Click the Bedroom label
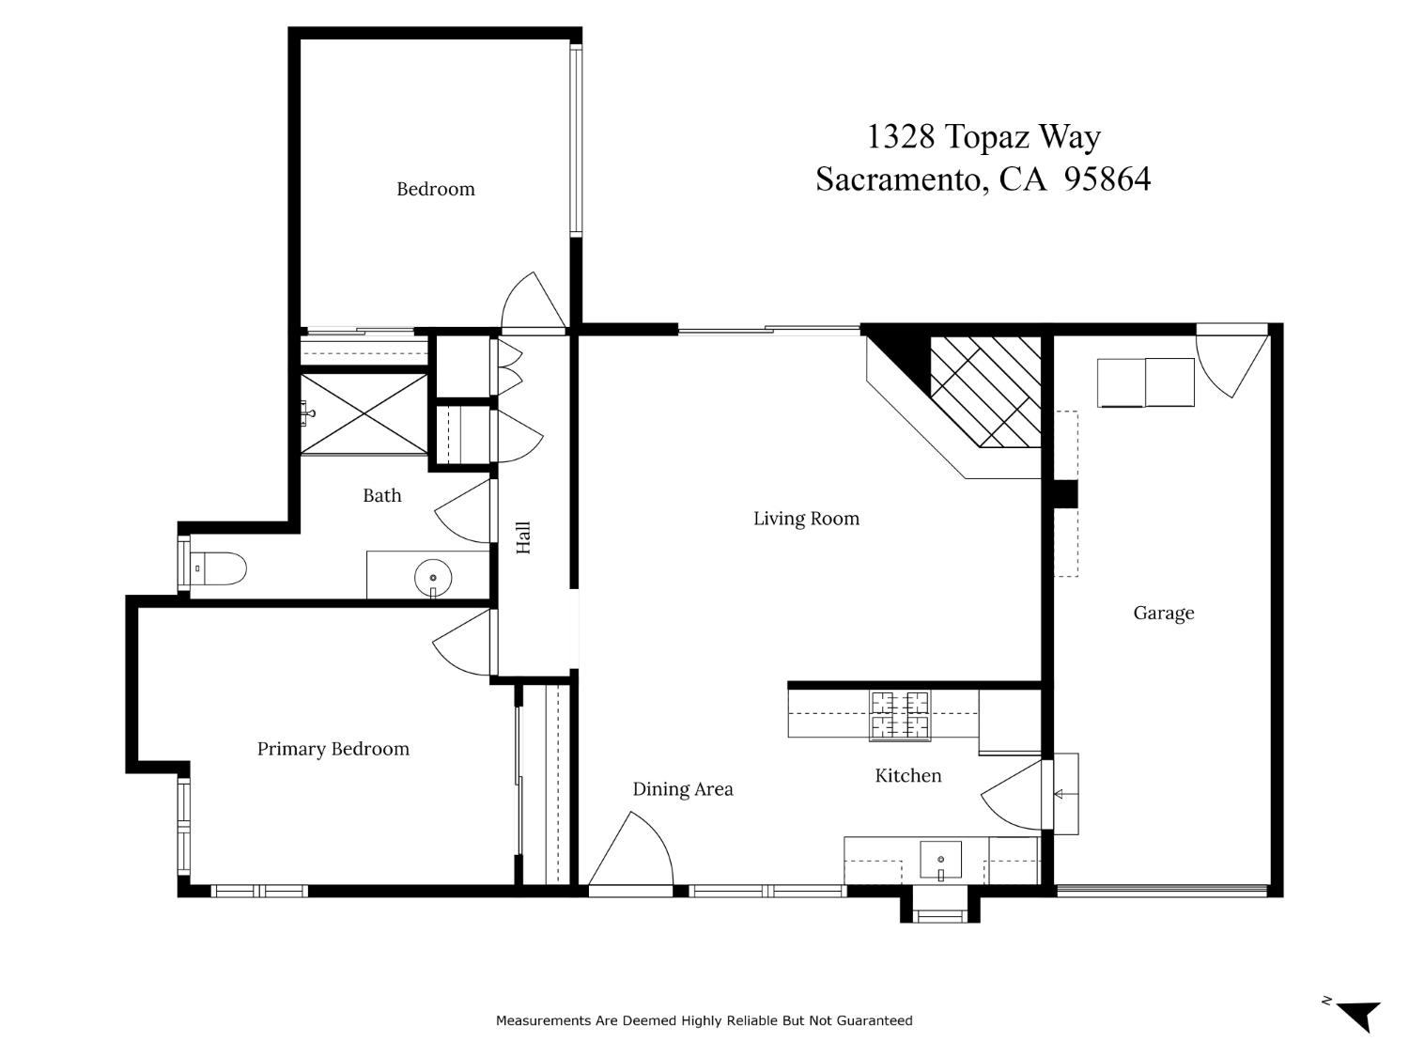pyautogui.click(x=435, y=189)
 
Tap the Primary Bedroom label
pyautogui.click(x=333, y=749)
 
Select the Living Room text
pyautogui.click(x=806, y=519)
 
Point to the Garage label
pyautogui.click(x=1163, y=614)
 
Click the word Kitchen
pyautogui.click(x=907, y=776)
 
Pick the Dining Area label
pyautogui.click(x=682, y=789)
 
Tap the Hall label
pyautogui.click(x=523, y=537)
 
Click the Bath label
pyautogui.click(x=381, y=495)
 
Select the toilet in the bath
pyautogui.click(x=220, y=568)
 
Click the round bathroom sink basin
pyautogui.click(x=433, y=578)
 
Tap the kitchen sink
pyautogui.click(x=940, y=860)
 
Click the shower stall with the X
pyautogui.click(x=364, y=413)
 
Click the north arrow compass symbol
pyautogui.click(x=1357, y=1015)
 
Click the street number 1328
pyautogui.click(x=900, y=137)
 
